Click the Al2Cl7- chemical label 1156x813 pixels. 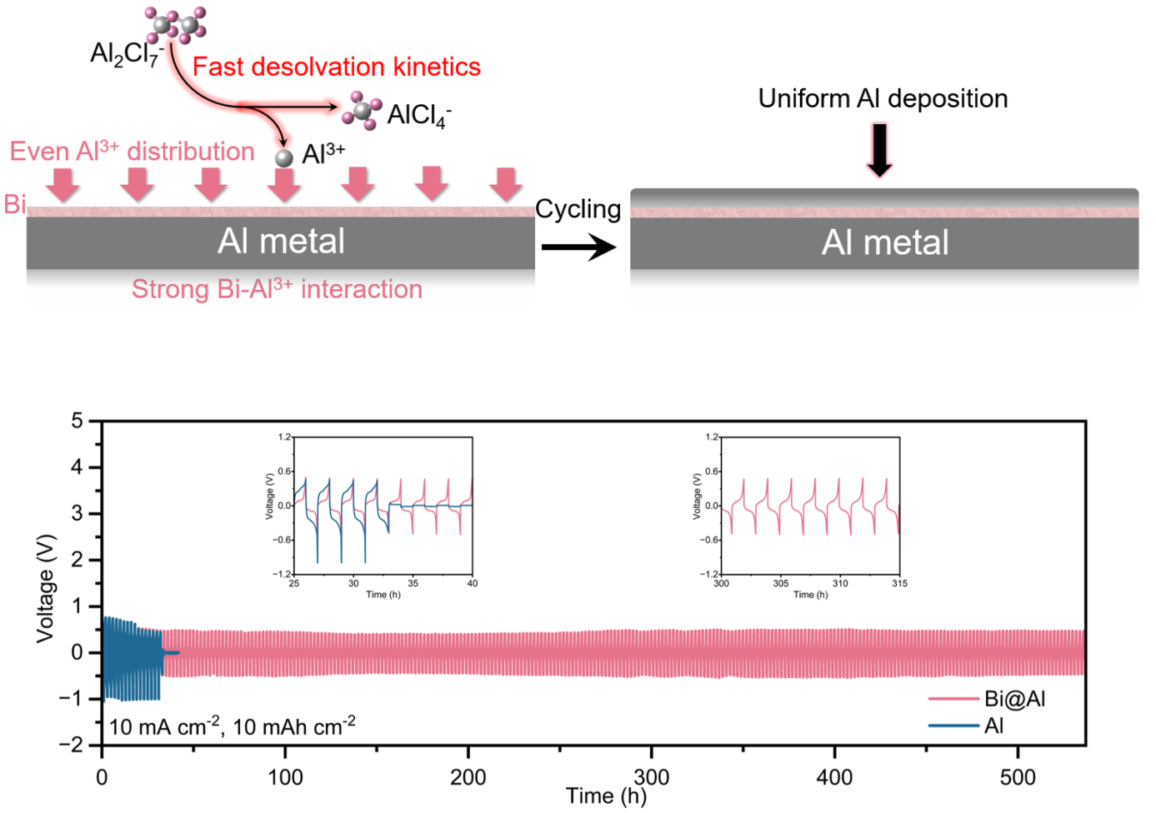(126, 55)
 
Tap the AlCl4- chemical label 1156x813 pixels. (418, 115)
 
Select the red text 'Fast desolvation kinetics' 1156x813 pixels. (336, 67)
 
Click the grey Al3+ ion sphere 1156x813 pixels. (284, 157)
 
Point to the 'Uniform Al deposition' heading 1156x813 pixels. (883, 98)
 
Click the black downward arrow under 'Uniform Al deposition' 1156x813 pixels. (879, 150)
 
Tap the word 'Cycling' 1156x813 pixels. (578, 209)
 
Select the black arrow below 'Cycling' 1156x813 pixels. (578, 247)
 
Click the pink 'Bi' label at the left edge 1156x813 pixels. (14, 204)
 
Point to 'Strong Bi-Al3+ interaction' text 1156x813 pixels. (277, 289)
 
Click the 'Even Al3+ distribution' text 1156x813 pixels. (132, 152)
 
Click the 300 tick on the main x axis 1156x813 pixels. (652, 777)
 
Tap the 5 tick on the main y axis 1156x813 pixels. (78, 421)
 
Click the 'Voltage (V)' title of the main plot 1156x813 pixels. (45, 588)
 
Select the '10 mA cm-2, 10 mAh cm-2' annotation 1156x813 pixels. (232, 726)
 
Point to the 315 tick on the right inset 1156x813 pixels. (899, 583)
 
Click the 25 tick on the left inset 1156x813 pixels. (294, 583)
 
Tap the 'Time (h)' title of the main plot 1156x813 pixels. (606, 796)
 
